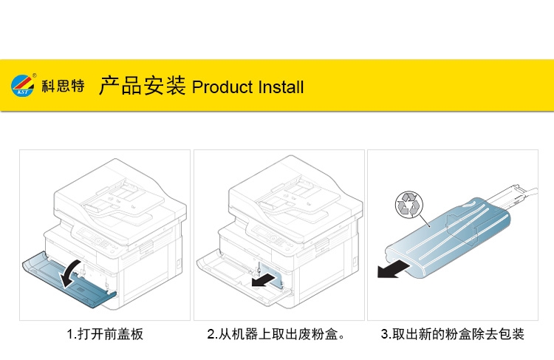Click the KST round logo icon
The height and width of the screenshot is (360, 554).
[x=23, y=86]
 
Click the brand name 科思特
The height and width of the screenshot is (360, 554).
[x=64, y=87]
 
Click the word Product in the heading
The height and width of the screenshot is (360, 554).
[x=222, y=87]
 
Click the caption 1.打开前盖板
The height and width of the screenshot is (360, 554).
[x=104, y=334]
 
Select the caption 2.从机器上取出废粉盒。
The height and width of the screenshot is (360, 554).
[x=278, y=334]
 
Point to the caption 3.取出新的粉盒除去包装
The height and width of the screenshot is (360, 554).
[x=453, y=334]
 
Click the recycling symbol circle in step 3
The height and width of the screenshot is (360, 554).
[x=407, y=203]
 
